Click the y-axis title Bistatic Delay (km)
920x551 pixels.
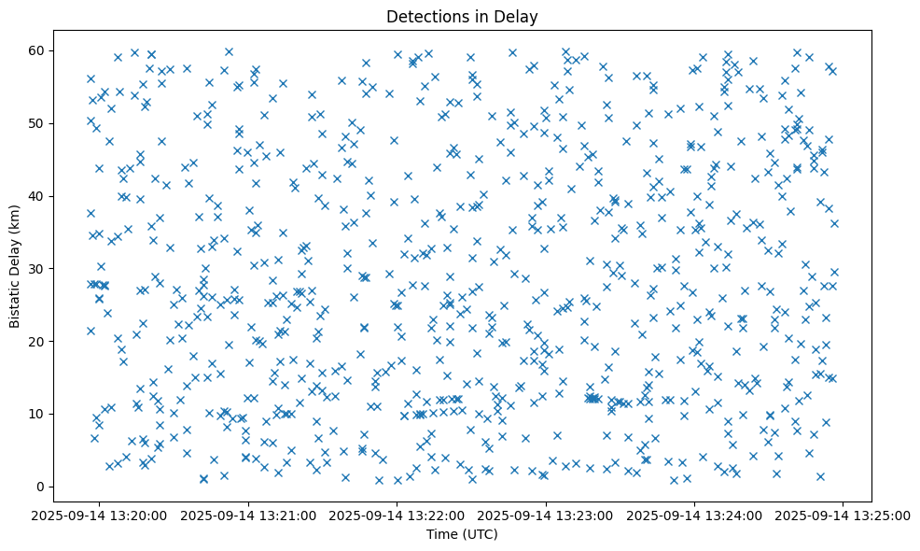click(x=16, y=268)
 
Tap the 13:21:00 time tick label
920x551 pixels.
click(x=249, y=515)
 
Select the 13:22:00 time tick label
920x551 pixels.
click(x=397, y=515)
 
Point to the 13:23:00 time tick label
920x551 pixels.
click(x=546, y=515)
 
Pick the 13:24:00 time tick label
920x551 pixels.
click(x=694, y=515)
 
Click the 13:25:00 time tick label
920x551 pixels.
click(x=843, y=515)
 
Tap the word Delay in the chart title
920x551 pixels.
click(x=520, y=16)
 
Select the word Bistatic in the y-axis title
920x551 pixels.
click(x=16, y=302)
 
